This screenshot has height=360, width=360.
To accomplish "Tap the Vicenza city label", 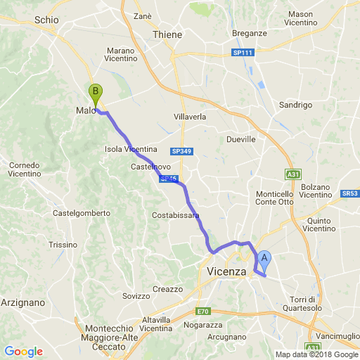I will pyautogui.click(x=226, y=271).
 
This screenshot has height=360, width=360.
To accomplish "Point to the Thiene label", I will pyautogui.click(x=167, y=34).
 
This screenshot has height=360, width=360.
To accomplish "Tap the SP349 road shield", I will pyautogui.click(x=181, y=151).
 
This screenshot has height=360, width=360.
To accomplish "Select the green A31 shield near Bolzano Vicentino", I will pyautogui.click(x=293, y=174).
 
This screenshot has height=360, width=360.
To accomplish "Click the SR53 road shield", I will pyautogui.click(x=350, y=193).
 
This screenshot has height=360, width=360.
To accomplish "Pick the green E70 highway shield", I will pyautogui.click(x=203, y=311).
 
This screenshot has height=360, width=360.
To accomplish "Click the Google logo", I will pyautogui.click(x=23, y=352).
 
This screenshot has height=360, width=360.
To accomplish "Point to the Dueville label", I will pyautogui.click(x=240, y=139).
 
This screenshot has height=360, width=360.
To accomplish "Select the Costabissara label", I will pyautogui.click(x=176, y=215).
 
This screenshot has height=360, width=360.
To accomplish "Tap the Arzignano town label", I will pyautogui.click(x=22, y=302).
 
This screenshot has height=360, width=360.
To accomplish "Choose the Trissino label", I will pyautogui.click(x=63, y=245).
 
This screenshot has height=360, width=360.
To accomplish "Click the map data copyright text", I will pyautogui.click(x=316, y=354).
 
